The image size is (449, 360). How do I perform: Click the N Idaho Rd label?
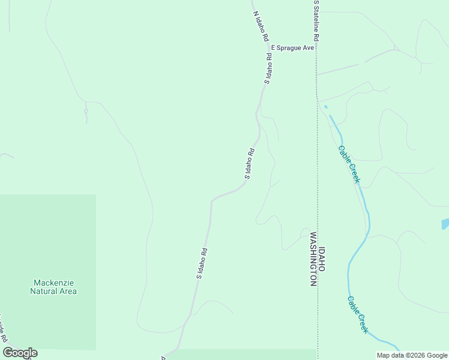(261, 26)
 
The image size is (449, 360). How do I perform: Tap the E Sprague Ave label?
(293, 47)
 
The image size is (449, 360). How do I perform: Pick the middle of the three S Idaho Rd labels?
(250, 164)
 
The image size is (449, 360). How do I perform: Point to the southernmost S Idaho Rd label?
(202, 264)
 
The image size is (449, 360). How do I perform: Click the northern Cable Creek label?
(349, 164)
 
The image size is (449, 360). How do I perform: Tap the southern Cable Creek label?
(357, 314)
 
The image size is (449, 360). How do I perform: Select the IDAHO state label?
(322, 259)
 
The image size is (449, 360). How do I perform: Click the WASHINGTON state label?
(313, 259)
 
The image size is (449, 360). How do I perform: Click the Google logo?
(20, 353)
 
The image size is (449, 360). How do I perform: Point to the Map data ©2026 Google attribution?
(412, 355)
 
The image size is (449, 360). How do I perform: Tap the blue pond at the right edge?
(445, 224)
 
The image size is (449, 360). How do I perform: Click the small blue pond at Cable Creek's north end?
(326, 107)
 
